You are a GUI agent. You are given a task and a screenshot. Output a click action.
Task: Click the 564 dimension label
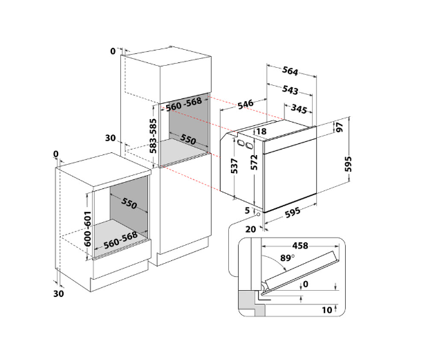[x=290, y=71]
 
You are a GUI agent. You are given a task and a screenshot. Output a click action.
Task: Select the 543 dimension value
[x=290, y=90]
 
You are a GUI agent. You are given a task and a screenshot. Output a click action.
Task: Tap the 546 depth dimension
[x=246, y=104]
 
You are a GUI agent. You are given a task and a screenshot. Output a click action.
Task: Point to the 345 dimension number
[x=299, y=109]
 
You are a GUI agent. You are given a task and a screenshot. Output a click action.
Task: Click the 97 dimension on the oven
[x=340, y=127]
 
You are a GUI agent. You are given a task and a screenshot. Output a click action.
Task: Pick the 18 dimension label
[x=261, y=132]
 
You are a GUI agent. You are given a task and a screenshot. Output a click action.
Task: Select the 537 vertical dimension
[x=234, y=166]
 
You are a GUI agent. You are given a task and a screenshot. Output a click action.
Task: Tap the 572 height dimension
[x=254, y=163]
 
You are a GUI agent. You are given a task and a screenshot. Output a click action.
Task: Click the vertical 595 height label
[x=349, y=164]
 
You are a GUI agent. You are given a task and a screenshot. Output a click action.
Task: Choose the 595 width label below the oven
[x=293, y=213]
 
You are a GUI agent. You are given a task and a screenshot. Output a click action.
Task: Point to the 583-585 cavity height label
[x=154, y=136]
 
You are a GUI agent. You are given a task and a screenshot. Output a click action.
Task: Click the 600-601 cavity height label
[x=88, y=228]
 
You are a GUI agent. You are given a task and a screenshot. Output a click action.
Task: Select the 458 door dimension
[x=300, y=246]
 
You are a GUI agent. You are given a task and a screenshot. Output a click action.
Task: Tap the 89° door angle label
[x=287, y=258]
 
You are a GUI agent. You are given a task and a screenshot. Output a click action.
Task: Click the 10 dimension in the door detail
[x=326, y=310]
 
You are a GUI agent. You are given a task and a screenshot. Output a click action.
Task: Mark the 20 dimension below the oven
[x=250, y=229]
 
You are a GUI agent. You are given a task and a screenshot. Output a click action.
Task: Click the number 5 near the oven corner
[x=247, y=210]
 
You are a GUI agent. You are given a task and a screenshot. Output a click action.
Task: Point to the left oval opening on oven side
[x=240, y=143]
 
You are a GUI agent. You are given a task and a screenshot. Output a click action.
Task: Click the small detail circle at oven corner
[x=258, y=215]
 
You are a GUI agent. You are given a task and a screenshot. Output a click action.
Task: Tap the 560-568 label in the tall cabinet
[x=184, y=105]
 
